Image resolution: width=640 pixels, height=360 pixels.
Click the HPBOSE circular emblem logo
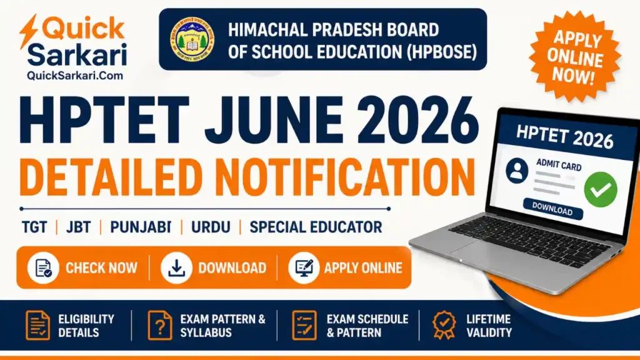[x=192, y=39]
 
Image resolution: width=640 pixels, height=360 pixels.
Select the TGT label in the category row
[x=34, y=227]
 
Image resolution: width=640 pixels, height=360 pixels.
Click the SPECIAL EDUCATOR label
[x=316, y=227]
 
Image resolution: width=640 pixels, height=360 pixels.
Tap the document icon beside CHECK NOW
[x=44, y=268]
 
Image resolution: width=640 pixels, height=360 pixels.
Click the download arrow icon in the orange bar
[x=177, y=268]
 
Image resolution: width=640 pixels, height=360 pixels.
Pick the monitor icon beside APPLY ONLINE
[x=304, y=268]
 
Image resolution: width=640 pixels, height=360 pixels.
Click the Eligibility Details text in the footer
[x=86, y=326]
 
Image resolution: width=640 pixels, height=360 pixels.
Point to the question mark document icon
[x=159, y=326]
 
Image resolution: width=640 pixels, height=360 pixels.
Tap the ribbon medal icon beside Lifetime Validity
[x=444, y=326]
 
